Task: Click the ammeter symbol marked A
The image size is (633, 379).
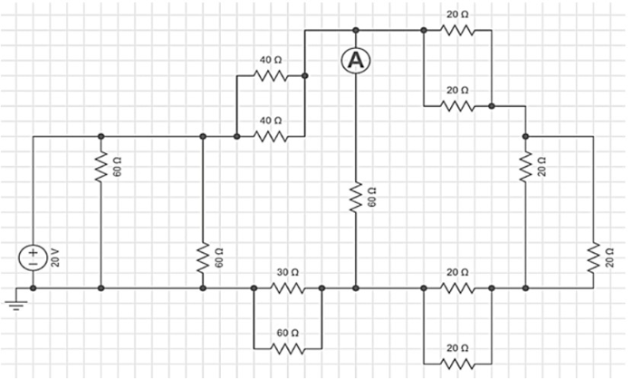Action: pyautogui.click(x=356, y=61)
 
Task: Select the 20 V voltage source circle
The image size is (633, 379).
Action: pyautogui.click(x=33, y=258)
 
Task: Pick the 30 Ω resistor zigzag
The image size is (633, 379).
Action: pyautogui.click(x=287, y=288)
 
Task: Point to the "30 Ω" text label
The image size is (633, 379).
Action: pyautogui.click(x=287, y=272)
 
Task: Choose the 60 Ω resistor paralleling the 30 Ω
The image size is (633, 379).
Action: pyautogui.click(x=287, y=349)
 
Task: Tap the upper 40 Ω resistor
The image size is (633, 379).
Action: pyautogui.click(x=270, y=76)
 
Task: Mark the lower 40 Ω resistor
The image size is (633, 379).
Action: pyautogui.click(x=270, y=137)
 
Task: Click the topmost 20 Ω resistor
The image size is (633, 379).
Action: pyautogui.click(x=457, y=30)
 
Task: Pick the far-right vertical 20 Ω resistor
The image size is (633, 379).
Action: pyautogui.click(x=592, y=258)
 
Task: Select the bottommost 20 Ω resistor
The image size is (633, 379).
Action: pyautogui.click(x=457, y=364)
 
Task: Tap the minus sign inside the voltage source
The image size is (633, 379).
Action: pyautogui.click(x=33, y=264)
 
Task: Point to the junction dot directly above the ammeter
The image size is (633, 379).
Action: pyautogui.click(x=356, y=30)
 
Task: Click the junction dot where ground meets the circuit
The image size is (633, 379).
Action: pyautogui.click(x=33, y=288)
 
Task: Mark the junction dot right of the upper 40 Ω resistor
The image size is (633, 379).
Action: pyautogui.click(x=304, y=76)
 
